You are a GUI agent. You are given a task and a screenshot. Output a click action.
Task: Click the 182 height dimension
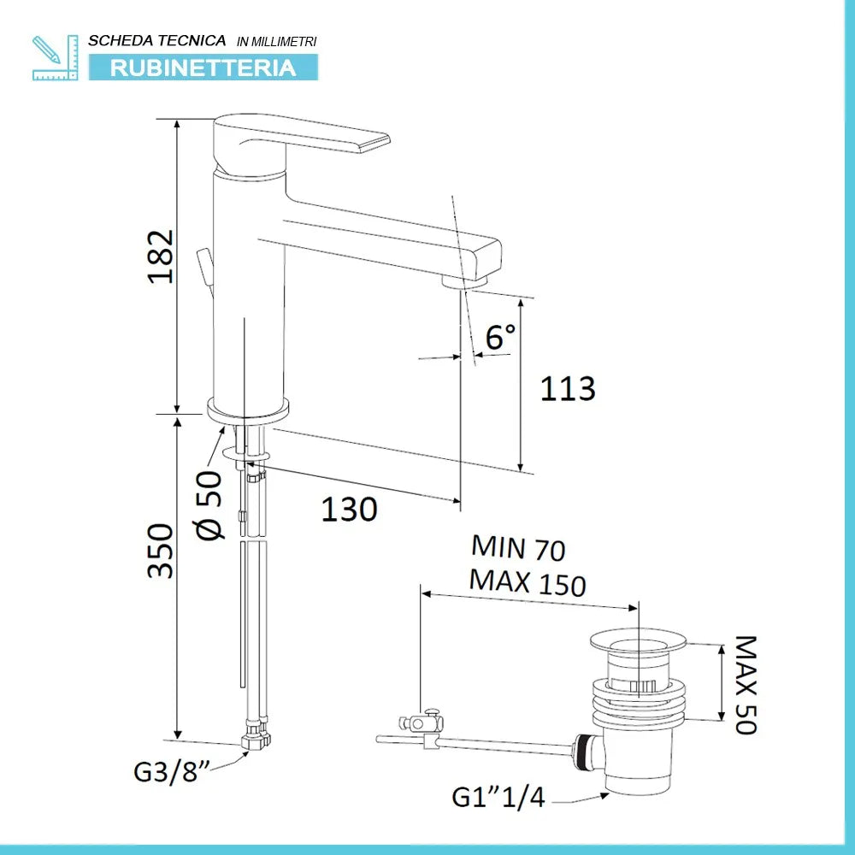pyautogui.click(x=161, y=256)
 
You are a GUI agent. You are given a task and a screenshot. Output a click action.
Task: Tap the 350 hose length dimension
pyautogui.click(x=161, y=551)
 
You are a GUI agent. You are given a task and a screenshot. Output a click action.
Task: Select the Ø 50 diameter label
pyautogui.click(x=209, y=505)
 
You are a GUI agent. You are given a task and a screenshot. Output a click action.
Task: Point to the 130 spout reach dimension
pyautogui.click(x=349, y=510)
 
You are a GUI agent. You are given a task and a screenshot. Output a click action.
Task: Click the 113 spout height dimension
pyautogui.click(x=568, y=389)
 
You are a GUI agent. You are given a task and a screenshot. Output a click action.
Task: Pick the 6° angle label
pyautogui.click(x=500, y=336)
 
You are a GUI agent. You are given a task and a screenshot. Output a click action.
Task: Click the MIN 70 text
pyautogui.click(x=518, y=547)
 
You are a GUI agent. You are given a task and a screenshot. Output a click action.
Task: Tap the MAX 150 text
pyautogui.click(x=528, y=582)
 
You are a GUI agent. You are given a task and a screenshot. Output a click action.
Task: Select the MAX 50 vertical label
pyautogui.click(x=746, y=685)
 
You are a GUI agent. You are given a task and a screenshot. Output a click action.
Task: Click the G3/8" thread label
pyautogui.click(x=172, y=771)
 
